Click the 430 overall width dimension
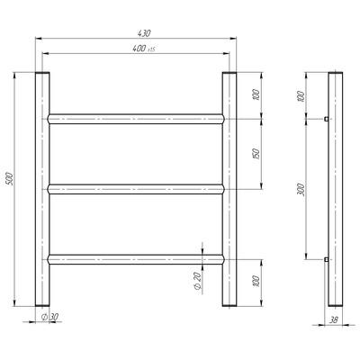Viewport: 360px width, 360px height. [x=144, y=33]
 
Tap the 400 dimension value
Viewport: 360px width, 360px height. [x=139, y=49]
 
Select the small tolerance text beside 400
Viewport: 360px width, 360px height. [x=151, y=49]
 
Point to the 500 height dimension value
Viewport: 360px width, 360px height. [x=10, y=179]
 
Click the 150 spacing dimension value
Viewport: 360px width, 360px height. [x=256, y=154]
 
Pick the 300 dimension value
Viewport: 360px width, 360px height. [x=301, y=190]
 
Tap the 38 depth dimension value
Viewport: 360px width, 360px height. [x=334, y=320]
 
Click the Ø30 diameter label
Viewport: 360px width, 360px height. [x=49, y=317]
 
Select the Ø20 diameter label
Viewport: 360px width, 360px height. [x=197, y=282]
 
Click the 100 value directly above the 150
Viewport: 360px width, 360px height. [x=256, y=94]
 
